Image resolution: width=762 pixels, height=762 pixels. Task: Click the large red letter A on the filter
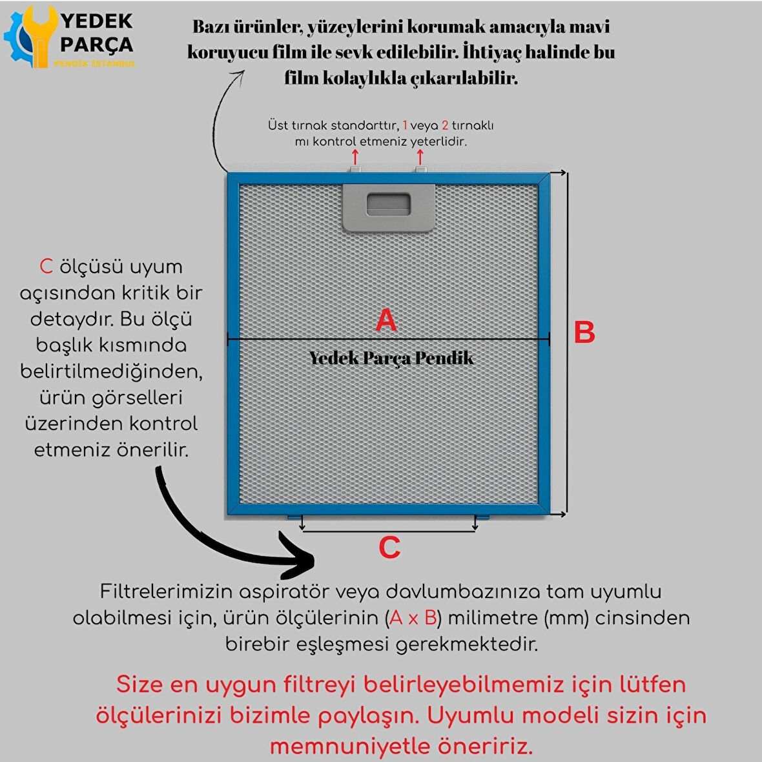click(386, 320)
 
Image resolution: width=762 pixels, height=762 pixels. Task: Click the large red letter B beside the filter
click(584, 333)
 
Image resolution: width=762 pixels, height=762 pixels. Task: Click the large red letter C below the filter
click(389, 548)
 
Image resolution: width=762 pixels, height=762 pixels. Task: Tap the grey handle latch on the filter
click(388, 207)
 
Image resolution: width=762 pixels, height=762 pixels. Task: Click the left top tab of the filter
click(355, 169)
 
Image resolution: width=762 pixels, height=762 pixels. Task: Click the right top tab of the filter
click(421, 169)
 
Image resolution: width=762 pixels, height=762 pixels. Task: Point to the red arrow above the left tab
click(355, 157)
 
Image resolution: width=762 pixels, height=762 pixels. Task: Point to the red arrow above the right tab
click(420, 157)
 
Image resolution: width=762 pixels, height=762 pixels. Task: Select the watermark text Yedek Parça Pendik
click(391, 358)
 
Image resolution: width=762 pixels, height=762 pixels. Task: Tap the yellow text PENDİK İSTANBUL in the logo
click(94, 64)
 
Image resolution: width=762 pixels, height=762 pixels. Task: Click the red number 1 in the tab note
click(405, 125)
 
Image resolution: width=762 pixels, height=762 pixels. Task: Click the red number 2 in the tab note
click(445, 125)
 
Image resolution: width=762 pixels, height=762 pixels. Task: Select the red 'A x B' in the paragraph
click(413, 617)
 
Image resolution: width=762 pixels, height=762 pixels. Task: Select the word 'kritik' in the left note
click(146, 293)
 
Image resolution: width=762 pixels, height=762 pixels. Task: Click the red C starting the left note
click(46, 266)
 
